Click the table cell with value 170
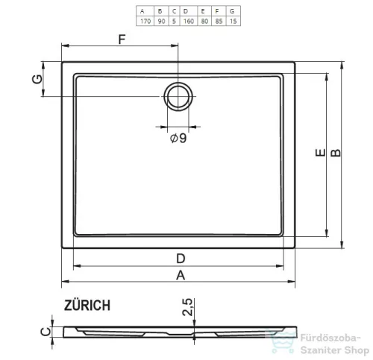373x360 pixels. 145,21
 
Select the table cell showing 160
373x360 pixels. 189,21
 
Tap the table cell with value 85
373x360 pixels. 219,21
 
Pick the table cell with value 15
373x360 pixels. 233,21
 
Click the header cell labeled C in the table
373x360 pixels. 174,11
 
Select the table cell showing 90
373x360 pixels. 161,21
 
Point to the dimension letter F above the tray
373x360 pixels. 122,40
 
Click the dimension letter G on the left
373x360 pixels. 37,79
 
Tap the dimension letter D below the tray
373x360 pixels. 181,259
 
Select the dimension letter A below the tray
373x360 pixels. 181,275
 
